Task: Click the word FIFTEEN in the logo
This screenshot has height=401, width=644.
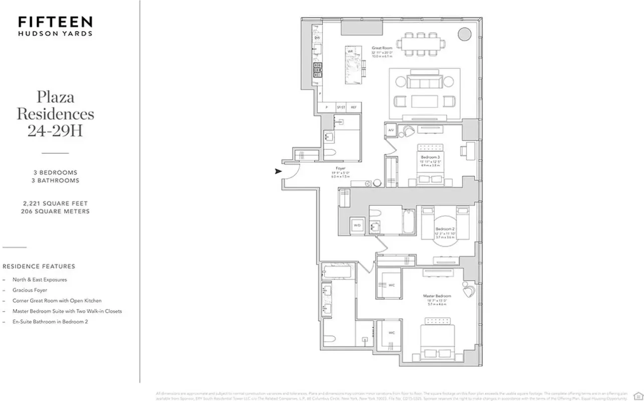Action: click(55, 22)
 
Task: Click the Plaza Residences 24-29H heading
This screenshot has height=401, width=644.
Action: click(55, 113)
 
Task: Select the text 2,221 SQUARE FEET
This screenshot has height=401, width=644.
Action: click(55, 204)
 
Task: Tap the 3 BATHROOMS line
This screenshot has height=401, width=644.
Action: click(55, 180)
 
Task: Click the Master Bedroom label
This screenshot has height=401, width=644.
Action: click(436, 296)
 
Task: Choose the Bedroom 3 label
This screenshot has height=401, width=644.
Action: click(430, 157)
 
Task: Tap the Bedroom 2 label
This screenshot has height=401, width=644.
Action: click(445, 229)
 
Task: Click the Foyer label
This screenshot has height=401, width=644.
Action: click(341, 168)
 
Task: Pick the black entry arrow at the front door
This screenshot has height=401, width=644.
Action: click(277, 171)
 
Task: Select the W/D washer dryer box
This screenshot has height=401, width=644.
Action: click(357, 226)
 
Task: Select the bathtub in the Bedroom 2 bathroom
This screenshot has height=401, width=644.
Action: click(409, 221)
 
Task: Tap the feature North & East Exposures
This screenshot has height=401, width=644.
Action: click(39, 280)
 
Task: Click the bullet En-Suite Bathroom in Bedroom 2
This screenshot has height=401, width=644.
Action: click(50, 322)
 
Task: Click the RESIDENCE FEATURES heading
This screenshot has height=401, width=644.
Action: click(39, 267)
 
